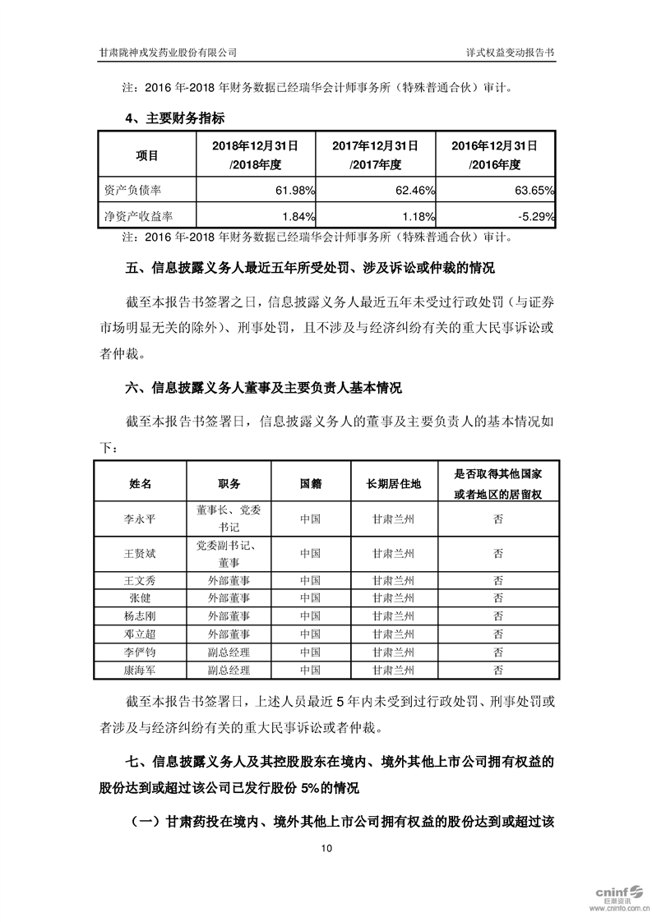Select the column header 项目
(147, 154)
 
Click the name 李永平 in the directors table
(141, 519)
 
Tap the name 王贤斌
(141, 554)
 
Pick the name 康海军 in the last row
(141, 670)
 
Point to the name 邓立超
(141, 634)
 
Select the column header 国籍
(310, 483)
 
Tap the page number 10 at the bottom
(326, 848)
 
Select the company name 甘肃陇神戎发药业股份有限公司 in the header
(169, 51)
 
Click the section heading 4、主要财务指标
(175, 118)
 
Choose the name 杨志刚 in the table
(141, 615)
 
